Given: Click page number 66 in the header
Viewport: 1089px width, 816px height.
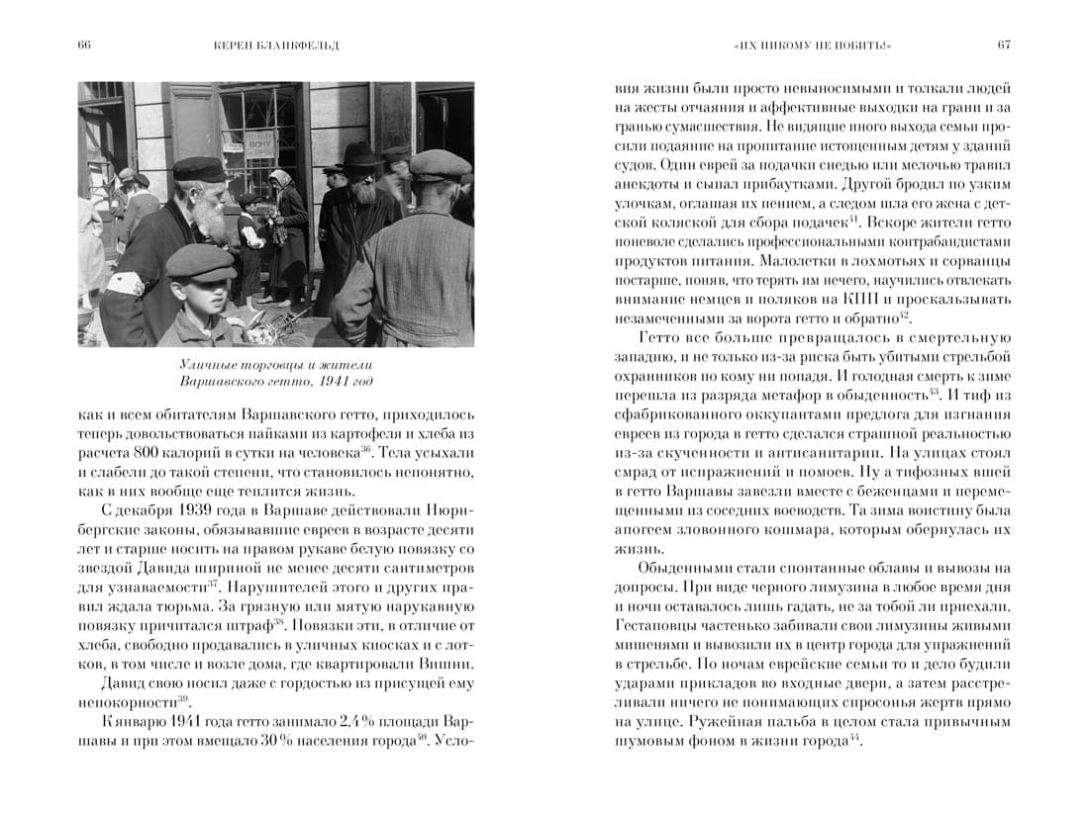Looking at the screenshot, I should [x=83, y=45].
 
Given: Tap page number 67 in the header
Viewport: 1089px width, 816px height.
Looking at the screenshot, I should [x=1004, y=45].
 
